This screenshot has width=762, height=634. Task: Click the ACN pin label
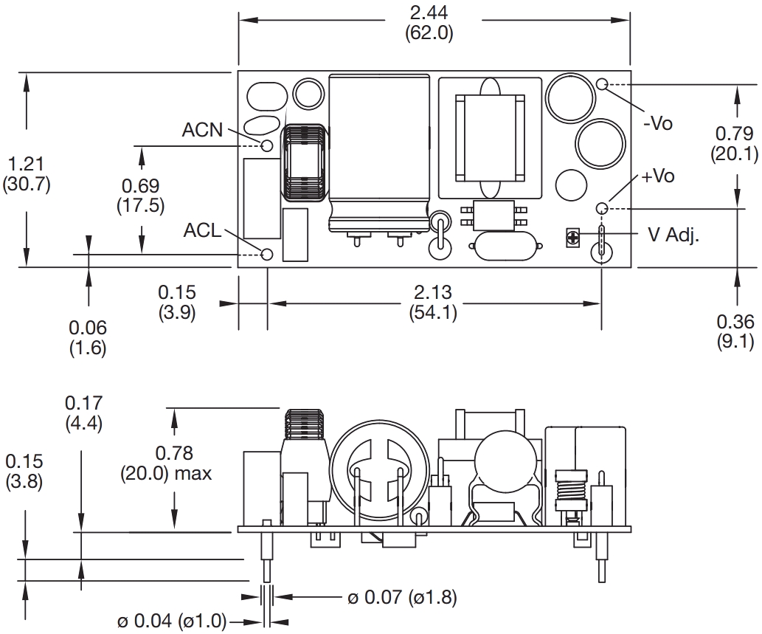coord(202,131)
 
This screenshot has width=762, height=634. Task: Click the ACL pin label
coord(202,231)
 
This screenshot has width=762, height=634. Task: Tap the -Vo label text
coord(658,123)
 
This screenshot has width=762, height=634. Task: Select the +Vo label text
coord(658,176)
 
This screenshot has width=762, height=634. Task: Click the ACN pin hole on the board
coord(267,144)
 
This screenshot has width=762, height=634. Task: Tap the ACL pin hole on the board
coord(267,254)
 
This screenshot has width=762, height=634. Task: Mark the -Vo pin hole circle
coord(602,84)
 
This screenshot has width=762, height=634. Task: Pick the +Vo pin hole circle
coord(602,207)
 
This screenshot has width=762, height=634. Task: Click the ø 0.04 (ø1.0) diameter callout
coord(172,621)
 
